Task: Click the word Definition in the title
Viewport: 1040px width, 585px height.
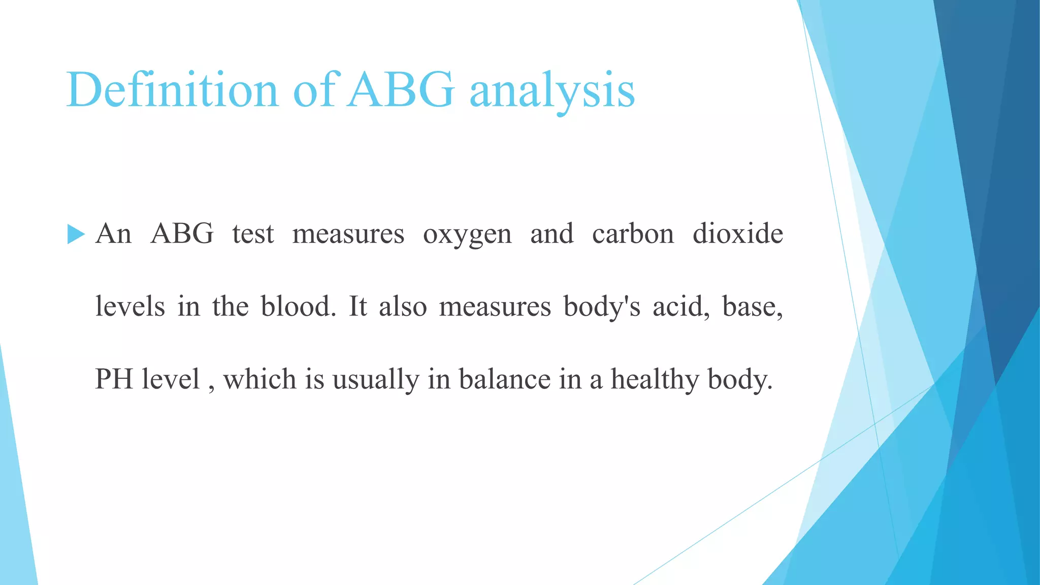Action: pos(172,90)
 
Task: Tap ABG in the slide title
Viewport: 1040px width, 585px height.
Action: pos(401,90)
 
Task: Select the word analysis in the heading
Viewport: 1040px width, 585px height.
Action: pos(552,91)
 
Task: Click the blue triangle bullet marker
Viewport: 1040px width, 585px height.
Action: pos(76,235)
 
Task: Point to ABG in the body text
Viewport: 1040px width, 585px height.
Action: pos(182,234)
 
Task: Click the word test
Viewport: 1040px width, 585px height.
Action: pos(253,234)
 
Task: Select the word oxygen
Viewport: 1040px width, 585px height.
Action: pos(467,235)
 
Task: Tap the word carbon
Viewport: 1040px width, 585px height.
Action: pos(633,234)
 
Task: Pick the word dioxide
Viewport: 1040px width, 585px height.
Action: pos(738,234)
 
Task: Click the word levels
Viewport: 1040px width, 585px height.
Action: pos(130,307)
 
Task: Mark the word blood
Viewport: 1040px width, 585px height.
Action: pos(299,307)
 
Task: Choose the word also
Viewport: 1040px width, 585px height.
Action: pos(403,307)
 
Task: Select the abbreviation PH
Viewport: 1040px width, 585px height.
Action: pos(114,379)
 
